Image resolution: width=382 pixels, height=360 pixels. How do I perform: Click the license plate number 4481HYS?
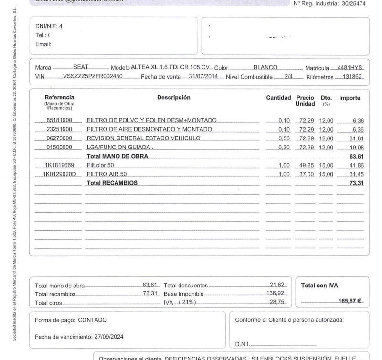pos(350,68)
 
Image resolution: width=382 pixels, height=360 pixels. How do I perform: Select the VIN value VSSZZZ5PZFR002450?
pos(93,76)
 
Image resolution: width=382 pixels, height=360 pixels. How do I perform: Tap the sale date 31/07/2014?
pos(203,76)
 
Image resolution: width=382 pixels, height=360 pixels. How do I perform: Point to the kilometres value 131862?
pos(353,76)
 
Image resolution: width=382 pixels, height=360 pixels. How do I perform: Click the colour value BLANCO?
pos(265,68)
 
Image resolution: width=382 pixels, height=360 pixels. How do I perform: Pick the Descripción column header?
pos(173,98)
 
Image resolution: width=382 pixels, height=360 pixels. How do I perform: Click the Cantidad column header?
pos(278,98)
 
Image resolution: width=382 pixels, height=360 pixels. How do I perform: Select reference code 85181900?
pos(59,120)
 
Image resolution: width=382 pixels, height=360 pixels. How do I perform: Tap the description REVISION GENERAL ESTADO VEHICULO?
pos(143,138)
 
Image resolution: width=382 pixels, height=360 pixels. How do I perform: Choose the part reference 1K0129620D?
pos(60,174)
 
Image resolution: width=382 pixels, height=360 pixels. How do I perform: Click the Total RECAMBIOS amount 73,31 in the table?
pos(357,183)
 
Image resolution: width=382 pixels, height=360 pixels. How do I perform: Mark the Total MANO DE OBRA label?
pos(117,156)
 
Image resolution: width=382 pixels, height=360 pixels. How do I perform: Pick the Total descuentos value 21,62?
pos(277,285)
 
